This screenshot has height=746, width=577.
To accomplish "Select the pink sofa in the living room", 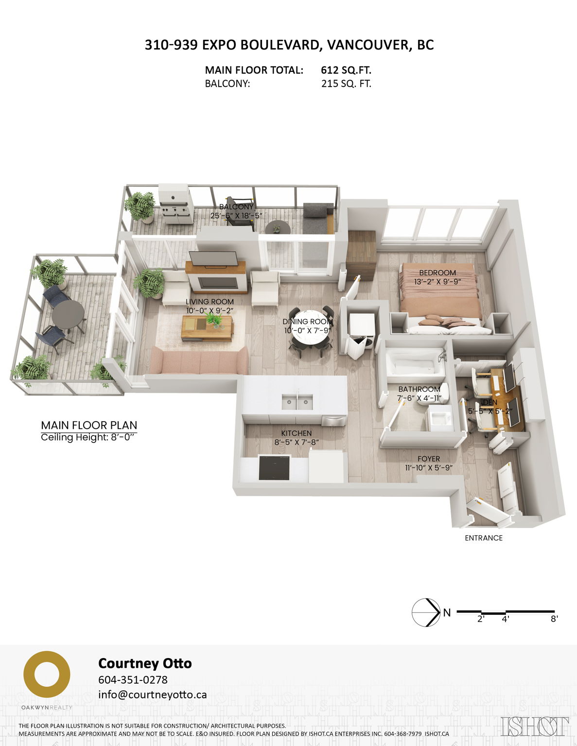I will point(199,361).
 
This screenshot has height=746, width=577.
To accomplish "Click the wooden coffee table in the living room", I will point(207,328).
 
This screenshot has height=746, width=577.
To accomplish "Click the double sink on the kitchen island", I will point(297,402).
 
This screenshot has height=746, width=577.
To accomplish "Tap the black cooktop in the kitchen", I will point(275,467).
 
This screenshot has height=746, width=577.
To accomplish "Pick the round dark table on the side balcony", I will point(68,314).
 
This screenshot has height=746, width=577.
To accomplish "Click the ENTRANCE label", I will point(483,538).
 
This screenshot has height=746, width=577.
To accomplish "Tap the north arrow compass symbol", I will point(426,612).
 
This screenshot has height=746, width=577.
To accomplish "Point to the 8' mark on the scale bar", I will point(554,619).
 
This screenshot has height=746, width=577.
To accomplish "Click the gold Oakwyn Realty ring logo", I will point(47,675).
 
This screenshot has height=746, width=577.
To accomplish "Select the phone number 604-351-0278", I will point(133,679).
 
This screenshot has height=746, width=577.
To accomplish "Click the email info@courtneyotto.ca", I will point(152,695).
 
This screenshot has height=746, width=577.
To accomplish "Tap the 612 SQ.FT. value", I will point(346,70).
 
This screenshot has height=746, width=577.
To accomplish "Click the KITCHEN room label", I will point(297,433).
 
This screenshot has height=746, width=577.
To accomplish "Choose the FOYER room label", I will point(428,459).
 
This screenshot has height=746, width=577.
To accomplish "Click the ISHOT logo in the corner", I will point(535,727).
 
